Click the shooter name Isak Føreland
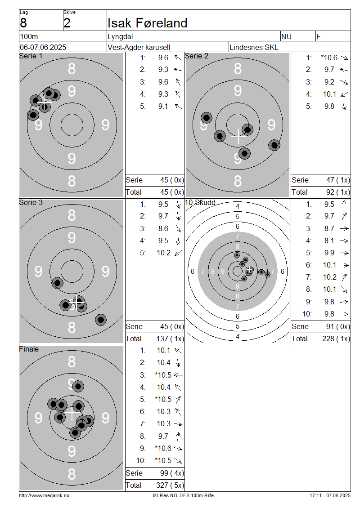click(147, 23)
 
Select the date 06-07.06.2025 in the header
click(43, 47)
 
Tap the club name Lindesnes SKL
click(254, 47)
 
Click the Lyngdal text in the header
click(120, 36)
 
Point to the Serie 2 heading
click(197, 56)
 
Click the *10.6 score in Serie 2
click(329, 58)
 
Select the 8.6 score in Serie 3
click(163, 228)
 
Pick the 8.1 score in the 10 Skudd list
click(329, 241)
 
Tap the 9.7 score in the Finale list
click(163, 436)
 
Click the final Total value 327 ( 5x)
click(170, 485)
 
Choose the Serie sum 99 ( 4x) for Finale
click(171, 473)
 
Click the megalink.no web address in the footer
click(44, 495)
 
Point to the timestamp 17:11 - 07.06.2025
click(330, 495)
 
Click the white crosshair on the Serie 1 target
click(45, 102)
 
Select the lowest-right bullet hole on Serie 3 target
click(101, 320)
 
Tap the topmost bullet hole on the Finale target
click(78, 386)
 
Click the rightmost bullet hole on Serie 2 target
click(274, 145)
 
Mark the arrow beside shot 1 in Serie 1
click(178, 58)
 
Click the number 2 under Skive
click(67, 23)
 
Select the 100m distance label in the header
click(29, 36)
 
